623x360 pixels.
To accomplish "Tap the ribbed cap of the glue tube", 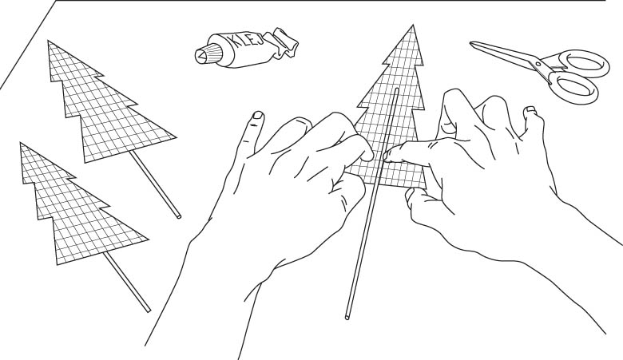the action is (x=208, y=54).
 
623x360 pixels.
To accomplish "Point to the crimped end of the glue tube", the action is (x=284, y=43).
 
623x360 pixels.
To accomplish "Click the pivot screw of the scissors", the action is (x=539, y=62).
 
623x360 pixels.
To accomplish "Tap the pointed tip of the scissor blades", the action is (x=471, y=43).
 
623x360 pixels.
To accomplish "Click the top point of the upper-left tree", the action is (x=48, y=41).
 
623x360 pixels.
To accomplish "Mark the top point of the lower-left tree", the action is (x=20, y=143).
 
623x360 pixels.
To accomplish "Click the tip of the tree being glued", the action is (x=413, y=25).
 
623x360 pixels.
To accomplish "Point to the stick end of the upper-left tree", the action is (x=178, y=216).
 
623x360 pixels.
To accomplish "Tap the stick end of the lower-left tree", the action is (x=149, y=311).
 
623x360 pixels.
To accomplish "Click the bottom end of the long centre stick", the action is (x=347, y=317).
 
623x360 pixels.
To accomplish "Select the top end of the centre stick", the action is (x=396, y=89).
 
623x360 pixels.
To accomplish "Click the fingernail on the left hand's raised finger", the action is (x=258, y=115).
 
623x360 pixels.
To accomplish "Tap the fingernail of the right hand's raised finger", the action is (x=530, y=109).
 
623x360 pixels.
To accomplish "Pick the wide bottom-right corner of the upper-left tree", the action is (x=176, y=137).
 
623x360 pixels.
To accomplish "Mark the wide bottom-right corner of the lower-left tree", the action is (x=149, y=239).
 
